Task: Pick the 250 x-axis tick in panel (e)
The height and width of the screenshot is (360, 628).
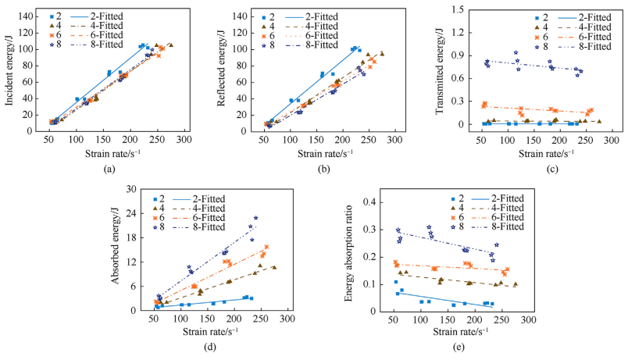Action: pyautogui.click(x=505, y=320)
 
